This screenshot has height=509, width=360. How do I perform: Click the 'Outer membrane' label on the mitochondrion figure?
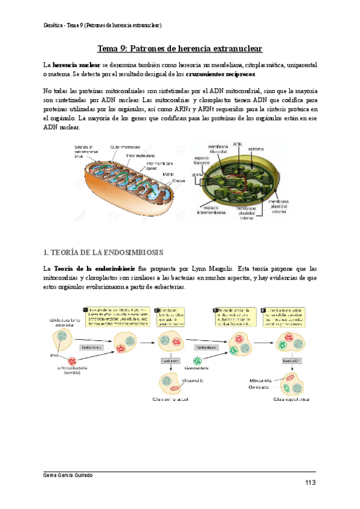point(125,146)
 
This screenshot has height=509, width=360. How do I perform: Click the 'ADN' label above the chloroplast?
point(238,145)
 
